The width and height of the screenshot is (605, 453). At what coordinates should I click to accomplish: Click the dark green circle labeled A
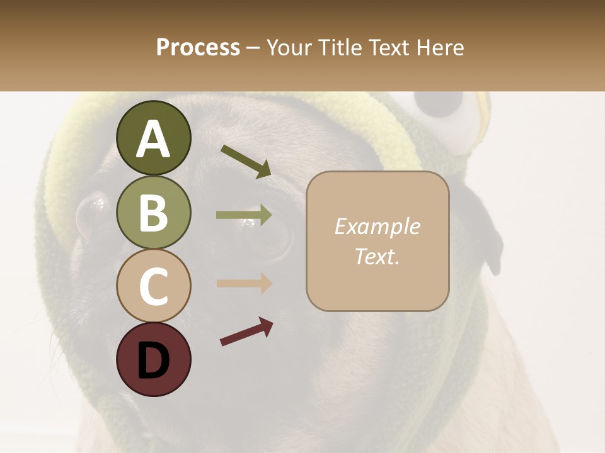pos(153,138)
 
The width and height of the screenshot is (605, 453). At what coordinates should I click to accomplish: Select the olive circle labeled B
pos(153,212)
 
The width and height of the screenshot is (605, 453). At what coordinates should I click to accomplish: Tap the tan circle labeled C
pos(153,286)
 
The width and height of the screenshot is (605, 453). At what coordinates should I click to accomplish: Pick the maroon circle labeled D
pos(153,359)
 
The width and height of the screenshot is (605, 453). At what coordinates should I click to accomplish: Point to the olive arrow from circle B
pos(244,215)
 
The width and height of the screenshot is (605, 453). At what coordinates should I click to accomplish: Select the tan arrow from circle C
pos(244,283)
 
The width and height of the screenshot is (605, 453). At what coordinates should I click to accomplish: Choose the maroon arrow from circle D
pos(246,332)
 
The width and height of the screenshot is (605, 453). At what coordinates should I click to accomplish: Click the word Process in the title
pos(198,47)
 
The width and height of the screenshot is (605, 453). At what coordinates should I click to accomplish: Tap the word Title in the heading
pos(339,47)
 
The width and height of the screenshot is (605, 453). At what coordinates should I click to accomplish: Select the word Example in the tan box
pos(377,226)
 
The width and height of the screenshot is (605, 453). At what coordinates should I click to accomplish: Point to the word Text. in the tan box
pos(377,256)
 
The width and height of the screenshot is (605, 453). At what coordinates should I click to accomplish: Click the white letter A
pos(153,139)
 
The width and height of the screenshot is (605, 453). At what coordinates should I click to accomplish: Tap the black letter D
pos(153,360)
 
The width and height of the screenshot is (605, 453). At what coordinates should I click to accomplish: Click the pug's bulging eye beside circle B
pos(91,214)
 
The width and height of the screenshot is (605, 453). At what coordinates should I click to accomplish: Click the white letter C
pos(153,286)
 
